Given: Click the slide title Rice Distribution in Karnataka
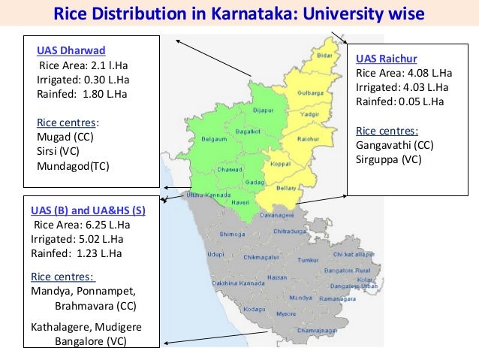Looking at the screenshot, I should (240, 14).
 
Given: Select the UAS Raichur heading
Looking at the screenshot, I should (387, 59).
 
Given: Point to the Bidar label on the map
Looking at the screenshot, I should (324, 55).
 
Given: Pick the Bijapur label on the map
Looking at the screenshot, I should (264, 110).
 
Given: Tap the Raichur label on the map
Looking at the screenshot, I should (308, 140).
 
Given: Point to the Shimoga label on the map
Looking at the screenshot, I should (233, 234).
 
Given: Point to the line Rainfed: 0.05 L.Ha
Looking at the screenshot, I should (399, 101).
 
